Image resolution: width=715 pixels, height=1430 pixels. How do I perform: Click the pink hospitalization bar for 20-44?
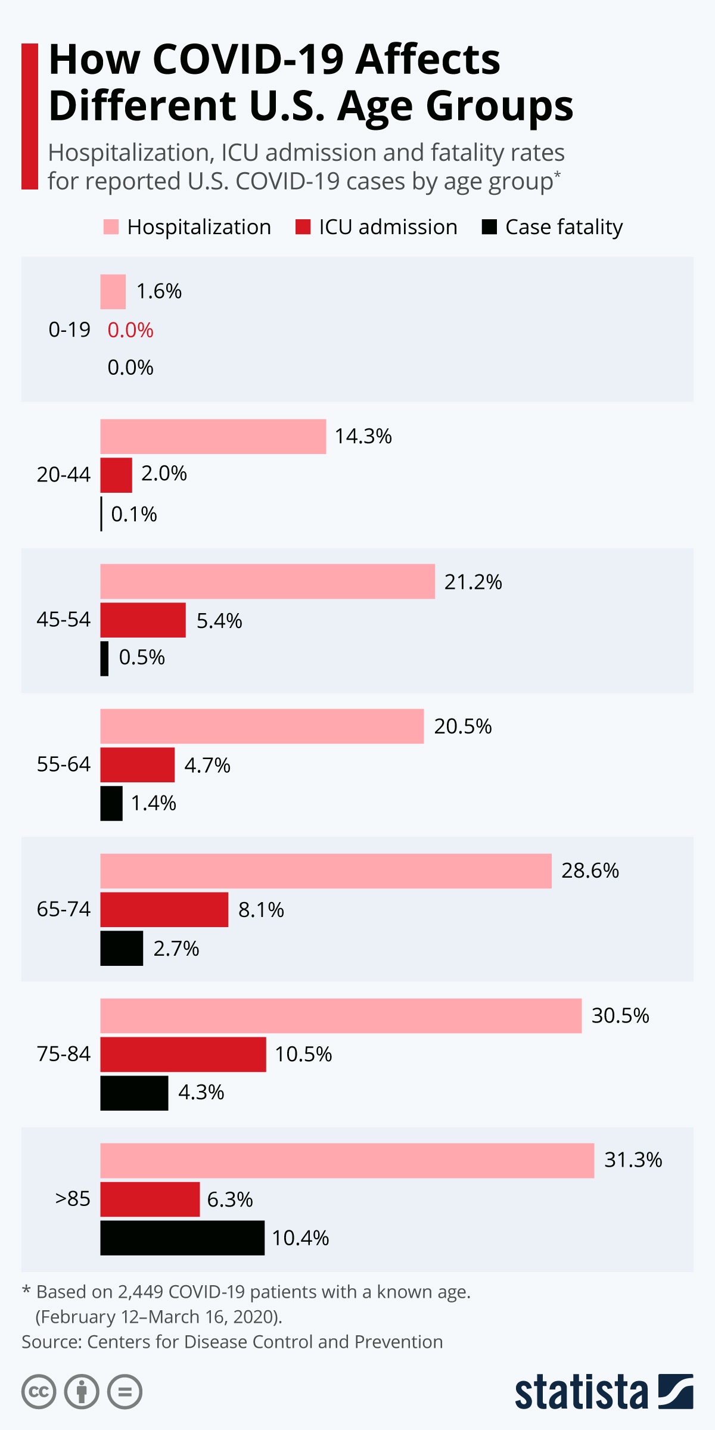point(213,436)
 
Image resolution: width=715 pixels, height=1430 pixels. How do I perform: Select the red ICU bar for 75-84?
point(183,1054)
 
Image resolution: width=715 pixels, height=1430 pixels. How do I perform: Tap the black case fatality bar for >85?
point(182,1238)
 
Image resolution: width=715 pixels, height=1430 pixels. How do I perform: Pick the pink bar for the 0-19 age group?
point(113,291)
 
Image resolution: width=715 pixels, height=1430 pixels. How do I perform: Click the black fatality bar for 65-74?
point(122,948)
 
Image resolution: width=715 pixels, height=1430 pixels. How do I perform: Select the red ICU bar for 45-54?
point(143,620)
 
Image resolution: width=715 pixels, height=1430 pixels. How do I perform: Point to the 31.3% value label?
point(633,1160)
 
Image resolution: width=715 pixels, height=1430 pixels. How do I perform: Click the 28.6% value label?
point(590,871)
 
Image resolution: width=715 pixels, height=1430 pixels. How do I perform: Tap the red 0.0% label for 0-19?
point(130,330)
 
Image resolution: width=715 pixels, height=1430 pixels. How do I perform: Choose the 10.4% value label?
point(300,1238)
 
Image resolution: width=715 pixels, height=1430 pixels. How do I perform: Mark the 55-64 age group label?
point(64,764)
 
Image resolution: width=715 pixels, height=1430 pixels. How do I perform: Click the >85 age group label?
point(73,1198)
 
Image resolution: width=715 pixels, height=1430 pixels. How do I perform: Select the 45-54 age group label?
point(64,620)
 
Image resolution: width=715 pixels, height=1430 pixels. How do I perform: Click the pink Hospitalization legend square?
point(111,227)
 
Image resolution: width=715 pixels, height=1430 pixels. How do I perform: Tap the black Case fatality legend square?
point(489,227)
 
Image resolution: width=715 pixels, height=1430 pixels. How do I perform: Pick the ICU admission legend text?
point(388,227)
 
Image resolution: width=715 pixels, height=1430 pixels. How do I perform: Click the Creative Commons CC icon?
point(39,1392)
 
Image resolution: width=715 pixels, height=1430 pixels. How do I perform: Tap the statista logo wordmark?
point(581,1392)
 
